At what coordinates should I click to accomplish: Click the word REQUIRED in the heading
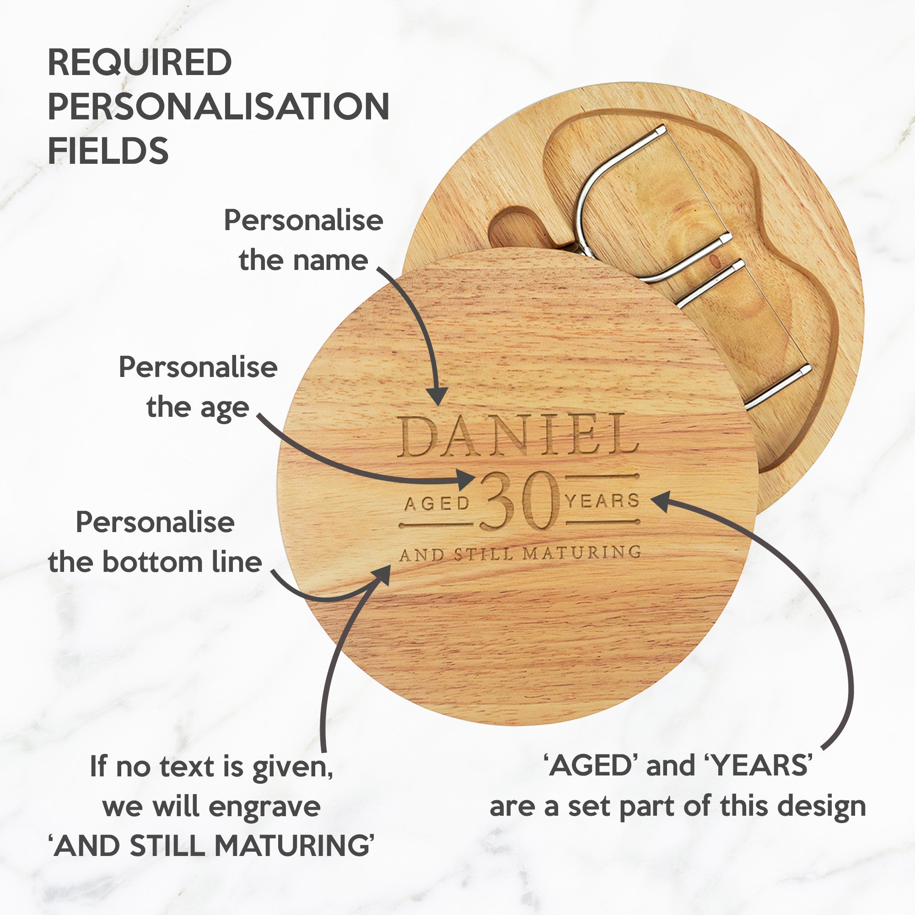coord(140,62)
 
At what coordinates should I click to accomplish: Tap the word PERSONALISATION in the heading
coord(219,106)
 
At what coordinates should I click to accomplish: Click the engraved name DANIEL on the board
coord(517,435)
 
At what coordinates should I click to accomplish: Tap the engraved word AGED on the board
coord(436,503)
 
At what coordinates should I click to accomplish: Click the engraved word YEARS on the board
coord(603,501)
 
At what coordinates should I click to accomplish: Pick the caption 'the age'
coord(198,407)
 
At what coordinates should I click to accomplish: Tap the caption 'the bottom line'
coord(155,562)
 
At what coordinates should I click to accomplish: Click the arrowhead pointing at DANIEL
coord(436,395)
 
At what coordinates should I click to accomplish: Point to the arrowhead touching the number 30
coord(465,480)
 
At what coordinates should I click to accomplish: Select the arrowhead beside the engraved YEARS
coord(661,501)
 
